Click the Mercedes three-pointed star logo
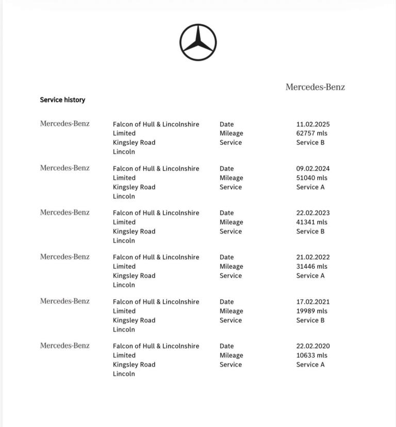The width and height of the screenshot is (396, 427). pos(198,42)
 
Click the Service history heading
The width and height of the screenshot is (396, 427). pos(62,100)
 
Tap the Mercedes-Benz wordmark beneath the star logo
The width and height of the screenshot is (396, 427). pos(315,87)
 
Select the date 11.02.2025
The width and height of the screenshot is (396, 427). pos(313,124)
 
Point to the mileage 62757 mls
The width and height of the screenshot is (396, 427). pos(311,133)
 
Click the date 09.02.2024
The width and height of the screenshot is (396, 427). pos(313,169)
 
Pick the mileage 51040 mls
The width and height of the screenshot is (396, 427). pos(311,178)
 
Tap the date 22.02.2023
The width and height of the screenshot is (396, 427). pos(313,213)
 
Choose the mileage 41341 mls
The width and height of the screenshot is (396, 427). pos(311,222)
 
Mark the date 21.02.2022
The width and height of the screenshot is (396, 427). pos(313,257)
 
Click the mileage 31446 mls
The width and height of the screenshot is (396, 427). pos(311,267)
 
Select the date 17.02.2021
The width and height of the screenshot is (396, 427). pos(313,302)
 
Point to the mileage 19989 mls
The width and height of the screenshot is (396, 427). pos(311,311)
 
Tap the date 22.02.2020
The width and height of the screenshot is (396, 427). pos(313,346)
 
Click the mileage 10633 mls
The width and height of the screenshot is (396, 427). pos(311,355)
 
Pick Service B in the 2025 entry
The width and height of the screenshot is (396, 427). pos(310,142)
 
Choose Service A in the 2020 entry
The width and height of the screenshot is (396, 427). pos(310,365)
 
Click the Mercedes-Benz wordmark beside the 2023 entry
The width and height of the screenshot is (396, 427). pos(65,212)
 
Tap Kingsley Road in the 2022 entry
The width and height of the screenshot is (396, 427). pos(134,276)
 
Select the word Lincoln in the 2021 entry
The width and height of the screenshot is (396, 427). pos(124,330)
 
